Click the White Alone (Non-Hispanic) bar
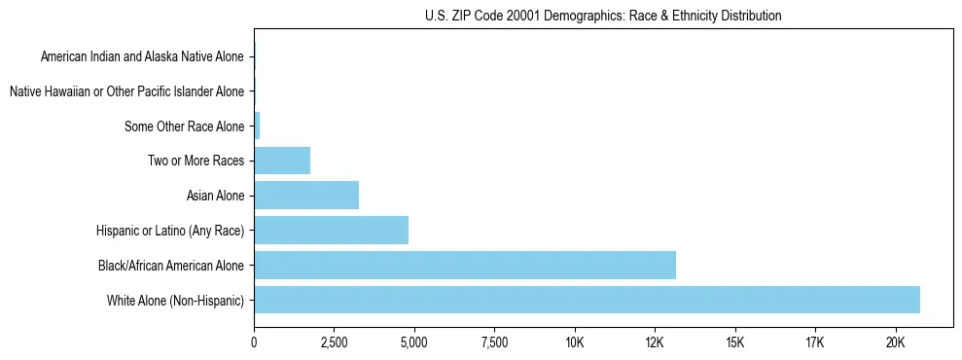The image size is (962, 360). [587, 300]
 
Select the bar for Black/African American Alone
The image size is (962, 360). [465, 265]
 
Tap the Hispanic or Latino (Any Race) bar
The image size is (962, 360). [331, 230]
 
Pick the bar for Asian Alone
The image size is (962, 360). [306, 196]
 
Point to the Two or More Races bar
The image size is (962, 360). [282, 161]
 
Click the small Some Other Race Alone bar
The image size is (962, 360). [257, 126]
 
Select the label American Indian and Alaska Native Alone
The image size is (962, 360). [143, 57]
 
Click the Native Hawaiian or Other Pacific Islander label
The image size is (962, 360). [126, 91]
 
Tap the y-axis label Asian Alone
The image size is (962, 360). [216, 196]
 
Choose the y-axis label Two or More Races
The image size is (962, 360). [196, 161]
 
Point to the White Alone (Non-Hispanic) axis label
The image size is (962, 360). [176, 300]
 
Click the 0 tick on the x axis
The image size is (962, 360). [254, 342]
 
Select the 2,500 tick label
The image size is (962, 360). [334, 342]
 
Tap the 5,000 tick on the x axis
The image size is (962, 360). [414, 342]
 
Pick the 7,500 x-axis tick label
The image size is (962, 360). [494, 342]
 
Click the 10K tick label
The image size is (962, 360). [575, 342]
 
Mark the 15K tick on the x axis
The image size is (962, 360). [734, 342]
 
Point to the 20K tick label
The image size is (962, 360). [895, 342]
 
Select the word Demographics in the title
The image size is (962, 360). [565, 17]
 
